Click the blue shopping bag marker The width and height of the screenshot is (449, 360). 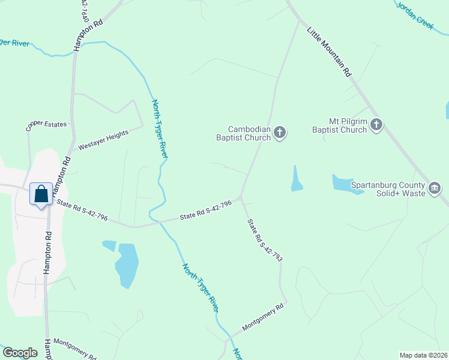[x=41, y=194]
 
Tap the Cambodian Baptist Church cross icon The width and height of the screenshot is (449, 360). [x=280, y=132]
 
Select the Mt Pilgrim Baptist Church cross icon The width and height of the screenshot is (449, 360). [x=376, y=125]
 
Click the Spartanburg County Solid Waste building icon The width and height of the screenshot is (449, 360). [x=435, y=189]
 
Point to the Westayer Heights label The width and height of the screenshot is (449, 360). [x=104, y=141]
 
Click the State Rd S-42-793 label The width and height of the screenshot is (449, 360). [x=265, y=240]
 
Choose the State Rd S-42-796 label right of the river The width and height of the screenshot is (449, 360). [x=206, y=212]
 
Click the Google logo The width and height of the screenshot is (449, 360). [x=20, y=353]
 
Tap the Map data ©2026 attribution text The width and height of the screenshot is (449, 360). [x=423, y=355]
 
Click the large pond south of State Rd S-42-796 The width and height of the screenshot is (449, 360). [x=127, y=264]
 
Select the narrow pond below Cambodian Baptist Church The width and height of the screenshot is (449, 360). [x=297, y=179]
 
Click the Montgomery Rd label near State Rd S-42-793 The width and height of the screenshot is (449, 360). [x=262, y=318]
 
